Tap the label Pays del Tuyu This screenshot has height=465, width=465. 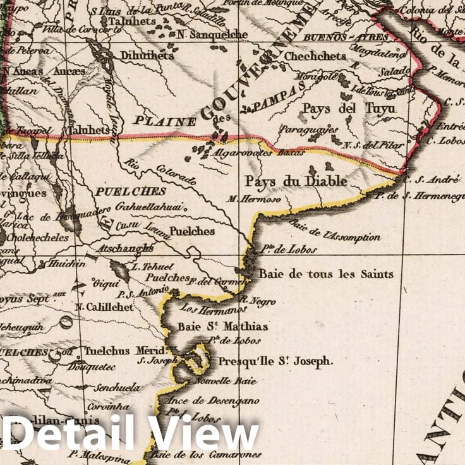coord(349,108)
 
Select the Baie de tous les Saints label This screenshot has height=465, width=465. coord(326,274)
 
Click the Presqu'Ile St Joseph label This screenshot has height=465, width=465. coord(275,362)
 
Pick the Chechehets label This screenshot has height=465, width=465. coord(315,56)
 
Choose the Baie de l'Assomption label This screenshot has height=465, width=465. coord(335,231)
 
